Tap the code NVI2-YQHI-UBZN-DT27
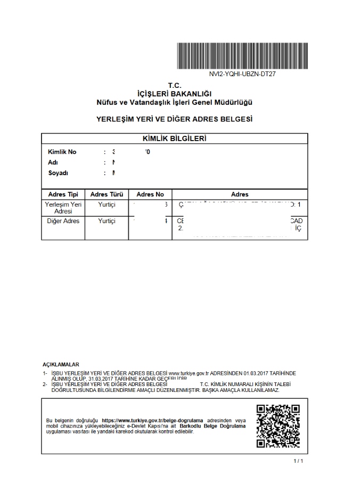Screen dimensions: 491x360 (242, 74)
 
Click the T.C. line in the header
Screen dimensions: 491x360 (175, 85)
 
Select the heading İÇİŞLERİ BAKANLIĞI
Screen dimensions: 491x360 (175, 93)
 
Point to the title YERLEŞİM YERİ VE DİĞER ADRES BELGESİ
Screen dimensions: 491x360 (175, 119)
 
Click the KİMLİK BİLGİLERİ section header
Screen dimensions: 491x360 (175, 138)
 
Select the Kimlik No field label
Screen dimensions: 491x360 (62, 152)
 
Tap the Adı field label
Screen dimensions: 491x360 (53, 162)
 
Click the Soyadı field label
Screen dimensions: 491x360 (58, 173)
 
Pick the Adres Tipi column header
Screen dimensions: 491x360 (63, 194)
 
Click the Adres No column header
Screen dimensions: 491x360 (150, 194)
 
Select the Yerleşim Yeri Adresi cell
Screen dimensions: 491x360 (63, 208)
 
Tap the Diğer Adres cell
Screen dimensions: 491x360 (63, 221)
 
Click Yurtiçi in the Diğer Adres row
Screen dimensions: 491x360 (107, 221)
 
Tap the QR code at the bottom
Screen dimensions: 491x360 (278, 426)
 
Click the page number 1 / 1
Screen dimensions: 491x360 (298, 460)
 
